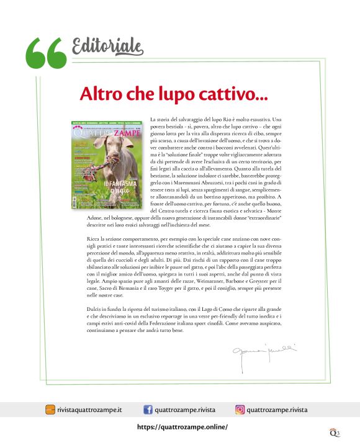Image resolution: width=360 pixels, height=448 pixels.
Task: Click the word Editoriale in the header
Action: pyautogui.click(x=107, y=45)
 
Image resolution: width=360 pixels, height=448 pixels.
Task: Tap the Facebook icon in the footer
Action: pyautogui.click(x=148, y=410)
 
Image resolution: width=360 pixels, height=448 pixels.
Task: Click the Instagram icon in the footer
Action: pyautogui.click(x=240, y=410)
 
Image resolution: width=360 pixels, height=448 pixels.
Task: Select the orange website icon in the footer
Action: pyautogui.click(x=50, y=410)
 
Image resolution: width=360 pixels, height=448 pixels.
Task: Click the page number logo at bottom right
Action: pyautogui.click(x=335, y=432)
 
